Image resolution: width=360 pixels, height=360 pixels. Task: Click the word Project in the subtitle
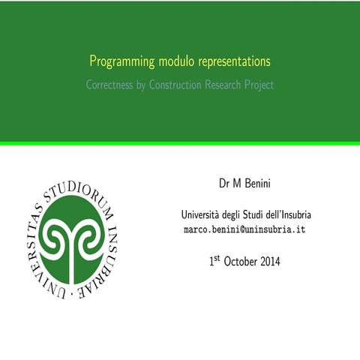pos(261,85)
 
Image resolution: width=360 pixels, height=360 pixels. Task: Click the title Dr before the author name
pos(223,184)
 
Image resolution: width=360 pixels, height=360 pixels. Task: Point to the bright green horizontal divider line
pos(180,142)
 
